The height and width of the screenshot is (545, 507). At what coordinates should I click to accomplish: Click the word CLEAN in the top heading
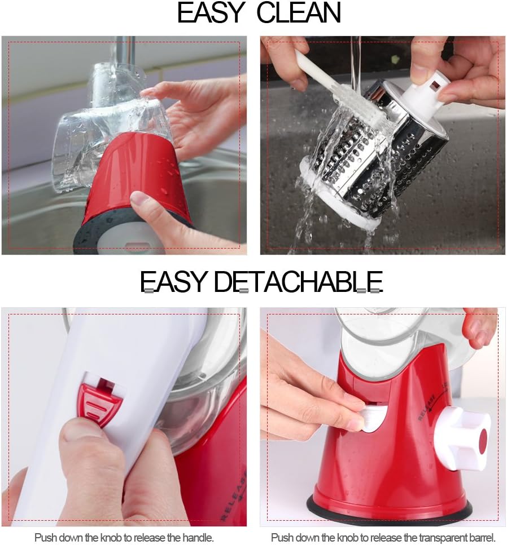(299, 14)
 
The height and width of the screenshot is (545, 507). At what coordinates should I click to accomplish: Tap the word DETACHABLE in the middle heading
(299, 281)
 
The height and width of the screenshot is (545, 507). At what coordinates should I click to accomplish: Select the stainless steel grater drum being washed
(361, 152)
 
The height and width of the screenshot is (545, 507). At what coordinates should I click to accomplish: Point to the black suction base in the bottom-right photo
(390, 510)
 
